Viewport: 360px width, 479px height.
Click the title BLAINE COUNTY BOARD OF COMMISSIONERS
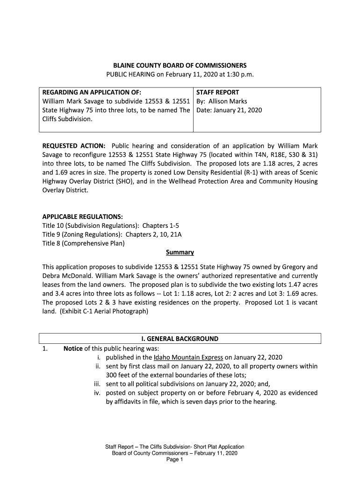(180, 65)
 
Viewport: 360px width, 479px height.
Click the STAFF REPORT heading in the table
(217, 93)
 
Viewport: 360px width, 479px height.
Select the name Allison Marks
(228, 102)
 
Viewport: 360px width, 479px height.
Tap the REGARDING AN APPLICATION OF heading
(92, 93)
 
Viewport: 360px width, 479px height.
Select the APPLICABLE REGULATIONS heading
(82, 217)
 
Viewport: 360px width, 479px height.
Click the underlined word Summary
(180, 253)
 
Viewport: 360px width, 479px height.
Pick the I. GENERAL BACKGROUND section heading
(180, 339)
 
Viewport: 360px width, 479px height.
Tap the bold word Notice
(73, 348)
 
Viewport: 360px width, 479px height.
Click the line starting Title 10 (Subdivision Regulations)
(110, 225)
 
